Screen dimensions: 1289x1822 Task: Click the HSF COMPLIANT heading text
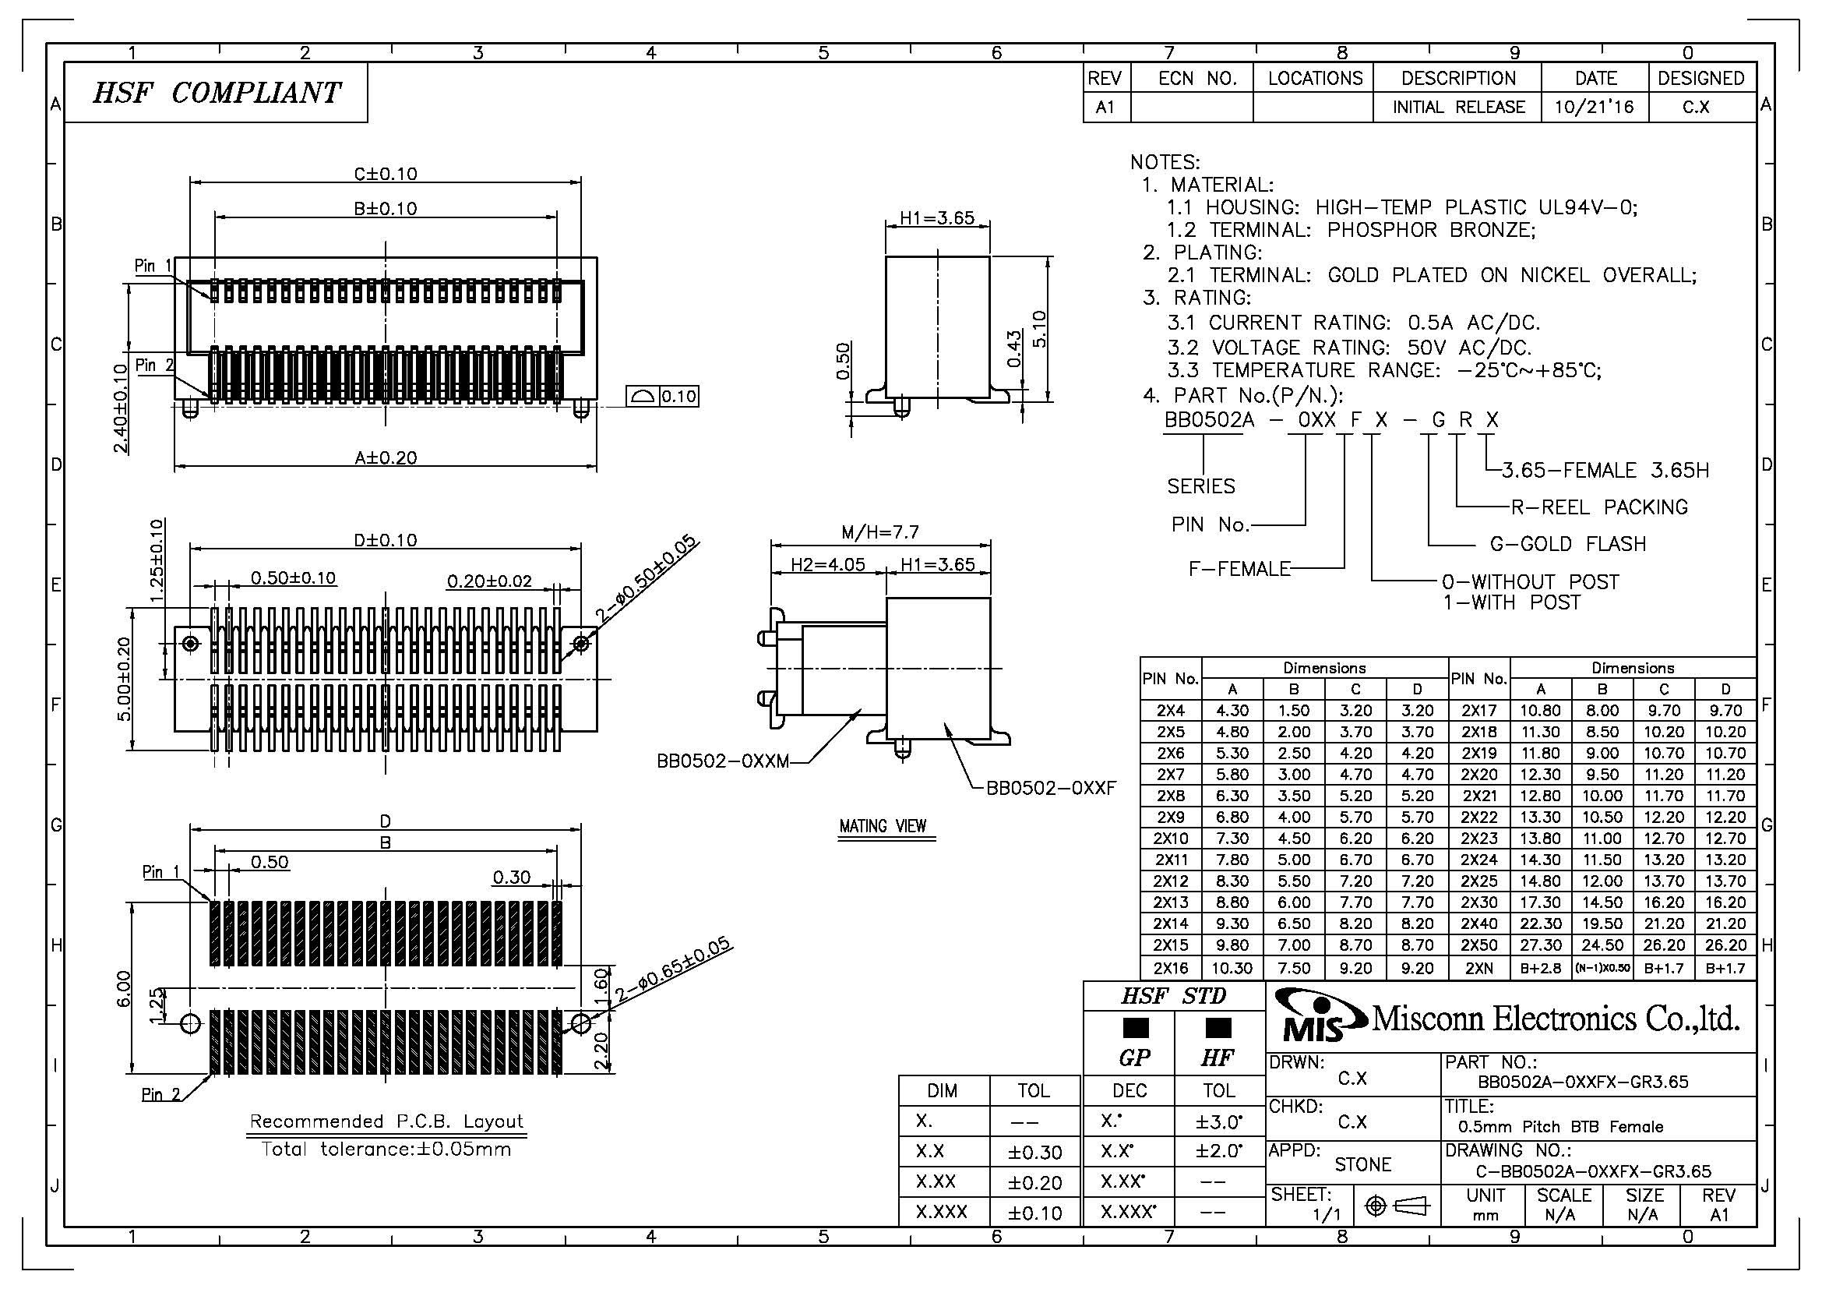coord(216,93)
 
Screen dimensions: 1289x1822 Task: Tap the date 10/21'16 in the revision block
coord(1595,107)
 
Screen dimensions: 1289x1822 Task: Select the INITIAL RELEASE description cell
coord(1458,107)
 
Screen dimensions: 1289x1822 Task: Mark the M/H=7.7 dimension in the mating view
coord(880,531)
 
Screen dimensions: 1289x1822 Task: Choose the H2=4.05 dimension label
coord(828,564)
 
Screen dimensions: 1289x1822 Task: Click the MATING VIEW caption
coord(883,826)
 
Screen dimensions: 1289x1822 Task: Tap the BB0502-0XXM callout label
coord(723,761)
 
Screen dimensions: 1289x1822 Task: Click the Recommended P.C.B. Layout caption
coord(386,1121)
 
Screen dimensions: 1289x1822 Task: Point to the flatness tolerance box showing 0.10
coord(663,396)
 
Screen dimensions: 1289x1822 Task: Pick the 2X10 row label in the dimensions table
coord(1171,839)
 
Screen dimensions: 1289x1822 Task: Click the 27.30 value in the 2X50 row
coord(1540,945)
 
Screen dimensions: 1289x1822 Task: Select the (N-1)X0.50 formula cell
coord(1602,968)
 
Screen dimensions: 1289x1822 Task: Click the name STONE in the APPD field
coord(1362,1164)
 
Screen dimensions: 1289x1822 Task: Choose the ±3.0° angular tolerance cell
coord(1218,1121)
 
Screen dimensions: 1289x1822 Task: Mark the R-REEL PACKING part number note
coord(1598,507)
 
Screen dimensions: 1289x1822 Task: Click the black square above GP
coord(1136,1028)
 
